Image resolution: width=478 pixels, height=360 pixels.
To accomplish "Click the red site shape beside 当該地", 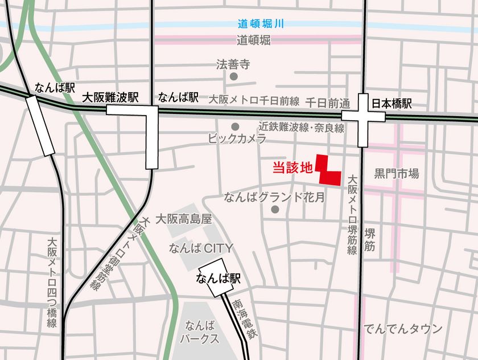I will [x=329, y=173].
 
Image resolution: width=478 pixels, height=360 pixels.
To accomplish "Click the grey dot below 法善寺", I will [x=233, y=76].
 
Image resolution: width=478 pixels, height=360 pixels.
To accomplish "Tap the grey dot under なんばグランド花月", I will [x=275, y=210].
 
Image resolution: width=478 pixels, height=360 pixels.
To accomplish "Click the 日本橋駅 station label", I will [x=392, y=104].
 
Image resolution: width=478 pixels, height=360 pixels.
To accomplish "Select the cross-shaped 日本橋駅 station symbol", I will [x=364, y=116].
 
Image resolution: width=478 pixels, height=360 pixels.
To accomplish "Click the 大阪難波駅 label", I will [x=111, y=97].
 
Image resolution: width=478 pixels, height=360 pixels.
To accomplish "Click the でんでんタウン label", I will [x=403, y=328].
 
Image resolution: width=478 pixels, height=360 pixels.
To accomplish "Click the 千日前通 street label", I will [x=327, y=103].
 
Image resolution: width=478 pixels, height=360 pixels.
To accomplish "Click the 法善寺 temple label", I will [x=233, y=64].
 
